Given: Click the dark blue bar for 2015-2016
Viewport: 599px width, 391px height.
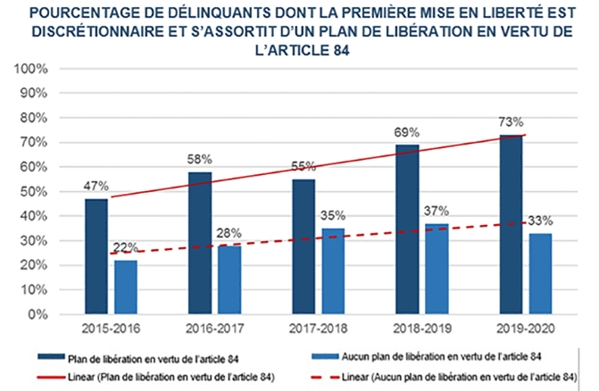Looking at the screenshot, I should [96, 257].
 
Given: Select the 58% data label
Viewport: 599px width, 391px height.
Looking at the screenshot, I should [198, 159].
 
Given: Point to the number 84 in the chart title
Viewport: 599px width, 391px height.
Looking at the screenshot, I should [337, 50].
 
